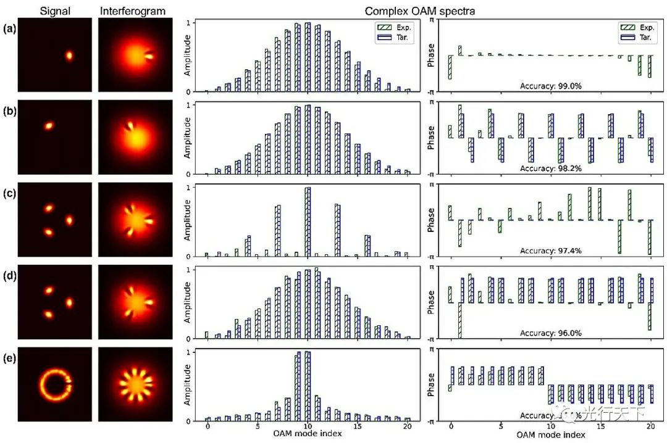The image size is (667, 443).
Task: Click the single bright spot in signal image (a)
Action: pos(69,56)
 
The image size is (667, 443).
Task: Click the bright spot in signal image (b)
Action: pos(49,126)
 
